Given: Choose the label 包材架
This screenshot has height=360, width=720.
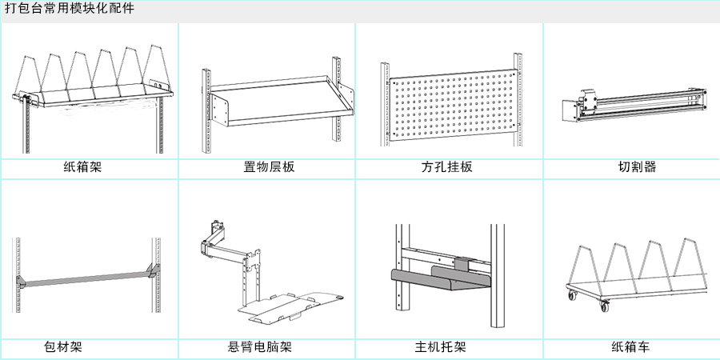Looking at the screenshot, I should pos(63,347).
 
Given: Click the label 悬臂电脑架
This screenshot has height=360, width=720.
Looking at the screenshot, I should pos(259,347).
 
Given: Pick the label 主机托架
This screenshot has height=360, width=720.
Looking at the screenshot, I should pos(440,347).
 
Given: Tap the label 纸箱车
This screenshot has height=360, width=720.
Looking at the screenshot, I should pos(630,347).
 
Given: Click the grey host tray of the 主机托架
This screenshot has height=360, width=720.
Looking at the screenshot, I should pos(440,280).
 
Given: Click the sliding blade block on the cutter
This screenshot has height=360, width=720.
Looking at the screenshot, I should pos(590,102).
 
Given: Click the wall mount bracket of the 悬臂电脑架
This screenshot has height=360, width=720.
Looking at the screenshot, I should pos(214,235).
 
